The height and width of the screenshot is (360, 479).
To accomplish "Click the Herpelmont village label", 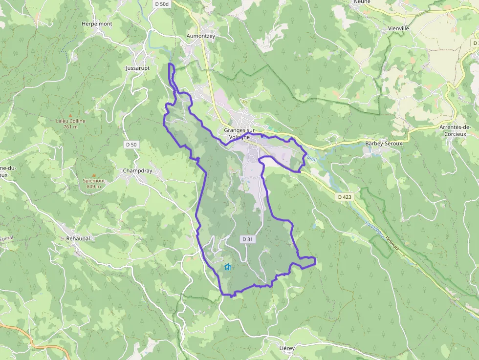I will tap(97, 23).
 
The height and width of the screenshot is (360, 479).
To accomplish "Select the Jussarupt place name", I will tap(138, 68).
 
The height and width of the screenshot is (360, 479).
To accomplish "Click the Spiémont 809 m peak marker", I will tap(94, 175).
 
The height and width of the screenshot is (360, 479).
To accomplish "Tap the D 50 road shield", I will tap(131, 145).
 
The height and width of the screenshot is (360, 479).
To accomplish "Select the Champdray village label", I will tap(137, 171).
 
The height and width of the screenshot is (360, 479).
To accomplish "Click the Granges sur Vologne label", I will tap(240, 133).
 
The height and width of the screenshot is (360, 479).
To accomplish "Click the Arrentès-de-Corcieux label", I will tap(455, 130).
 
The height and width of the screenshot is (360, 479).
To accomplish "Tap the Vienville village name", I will tap(398, 29).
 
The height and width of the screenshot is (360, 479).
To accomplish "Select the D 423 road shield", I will tap(344, 196).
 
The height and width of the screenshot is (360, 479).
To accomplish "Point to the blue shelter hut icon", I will tap(227, 267).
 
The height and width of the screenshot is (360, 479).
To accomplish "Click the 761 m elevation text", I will tap(70, 127).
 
